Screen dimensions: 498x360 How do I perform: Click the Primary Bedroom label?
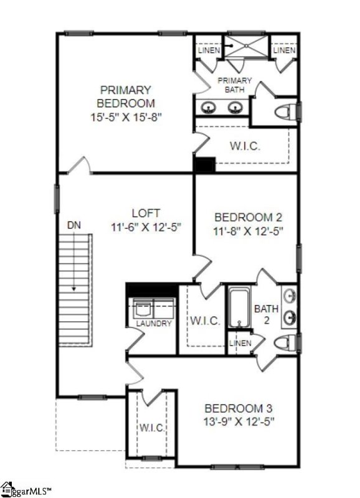[126, 96]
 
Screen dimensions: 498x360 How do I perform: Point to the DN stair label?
[73, 224]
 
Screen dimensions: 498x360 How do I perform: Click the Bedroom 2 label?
[248, 217]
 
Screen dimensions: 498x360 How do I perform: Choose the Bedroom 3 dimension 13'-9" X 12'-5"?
[240, 421]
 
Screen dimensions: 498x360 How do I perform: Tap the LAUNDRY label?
[154, 324]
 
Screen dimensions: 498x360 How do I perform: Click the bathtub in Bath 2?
[239, 307]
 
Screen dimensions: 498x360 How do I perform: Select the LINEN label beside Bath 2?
[240, 344]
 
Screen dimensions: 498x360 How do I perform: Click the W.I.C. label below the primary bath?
[245, 147]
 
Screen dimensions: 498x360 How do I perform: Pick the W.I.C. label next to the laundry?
[205, 321]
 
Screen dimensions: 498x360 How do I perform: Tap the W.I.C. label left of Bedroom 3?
[151, 428]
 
